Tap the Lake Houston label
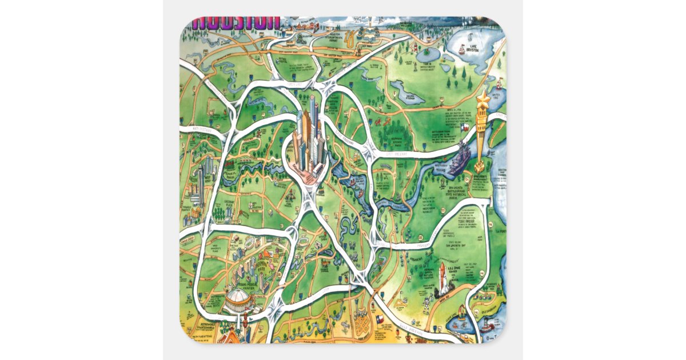tap(473, 48)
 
